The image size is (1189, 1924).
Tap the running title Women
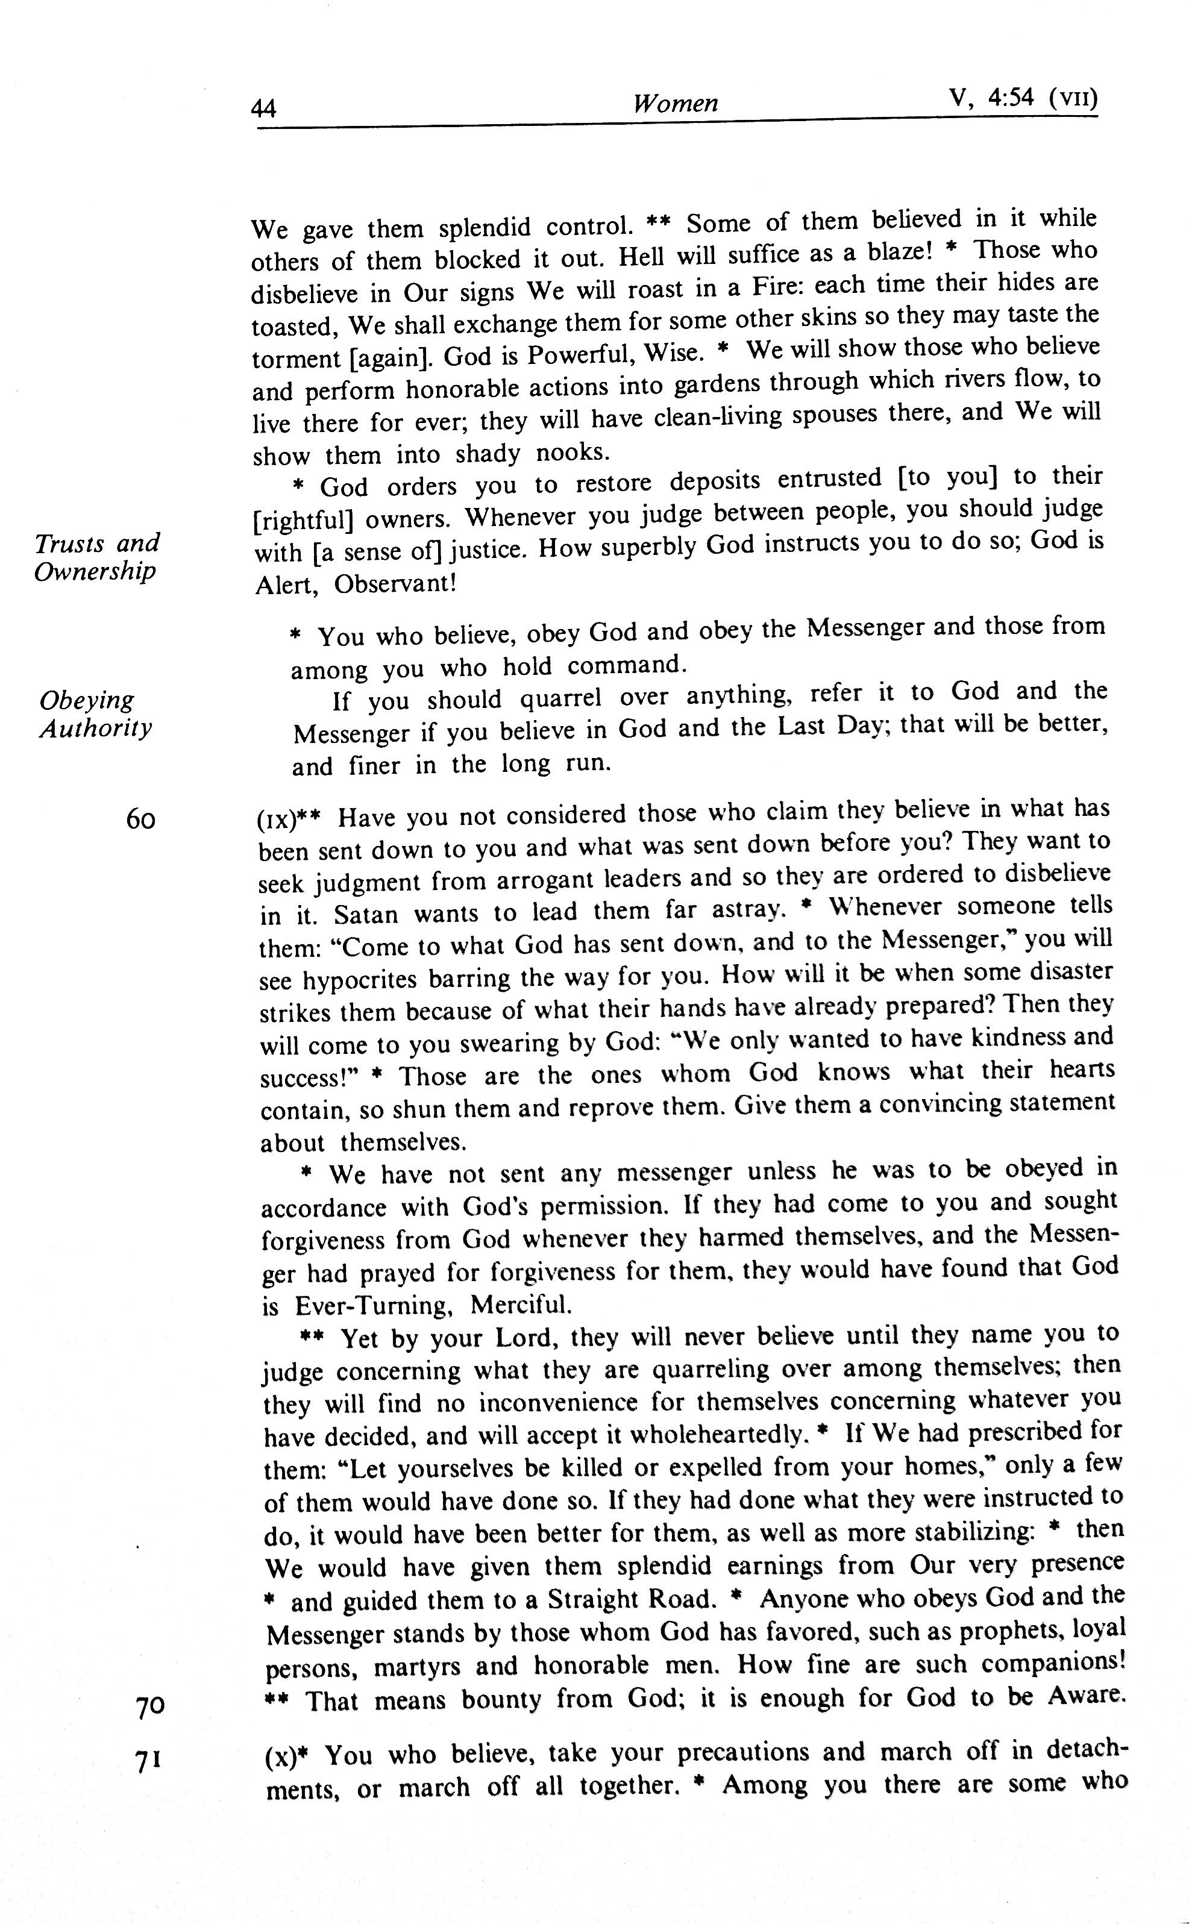click(676, 103)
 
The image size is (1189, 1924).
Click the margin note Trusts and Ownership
click(97, 556)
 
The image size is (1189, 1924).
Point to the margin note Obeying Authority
click(96, 713)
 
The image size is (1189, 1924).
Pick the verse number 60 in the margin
click(141, 820)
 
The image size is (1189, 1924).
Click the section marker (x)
click(281, 1756)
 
